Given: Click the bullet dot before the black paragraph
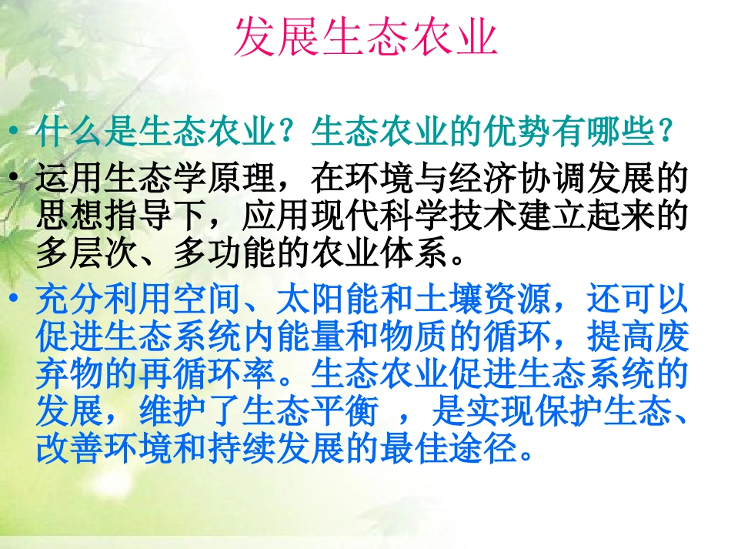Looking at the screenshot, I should (x=16, y=179).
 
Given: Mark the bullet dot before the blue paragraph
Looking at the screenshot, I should (x=16, y=300).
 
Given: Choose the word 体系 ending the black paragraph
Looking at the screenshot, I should (x=415, y=255).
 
